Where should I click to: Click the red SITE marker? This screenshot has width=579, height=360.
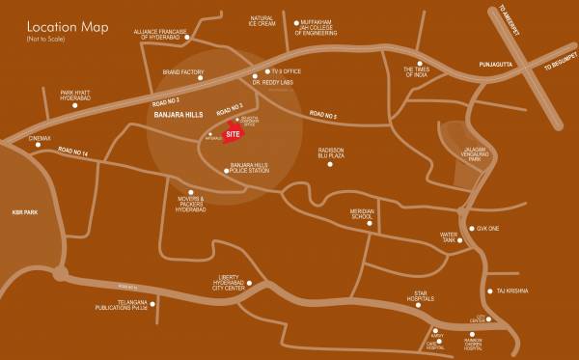[233, 136]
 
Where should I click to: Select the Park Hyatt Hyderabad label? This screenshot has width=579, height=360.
[61, 97]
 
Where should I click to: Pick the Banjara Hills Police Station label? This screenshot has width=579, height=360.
[248, 171]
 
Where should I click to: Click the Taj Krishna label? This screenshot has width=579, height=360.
[514, 291]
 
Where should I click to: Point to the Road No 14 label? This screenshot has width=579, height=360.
[73, 152]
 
